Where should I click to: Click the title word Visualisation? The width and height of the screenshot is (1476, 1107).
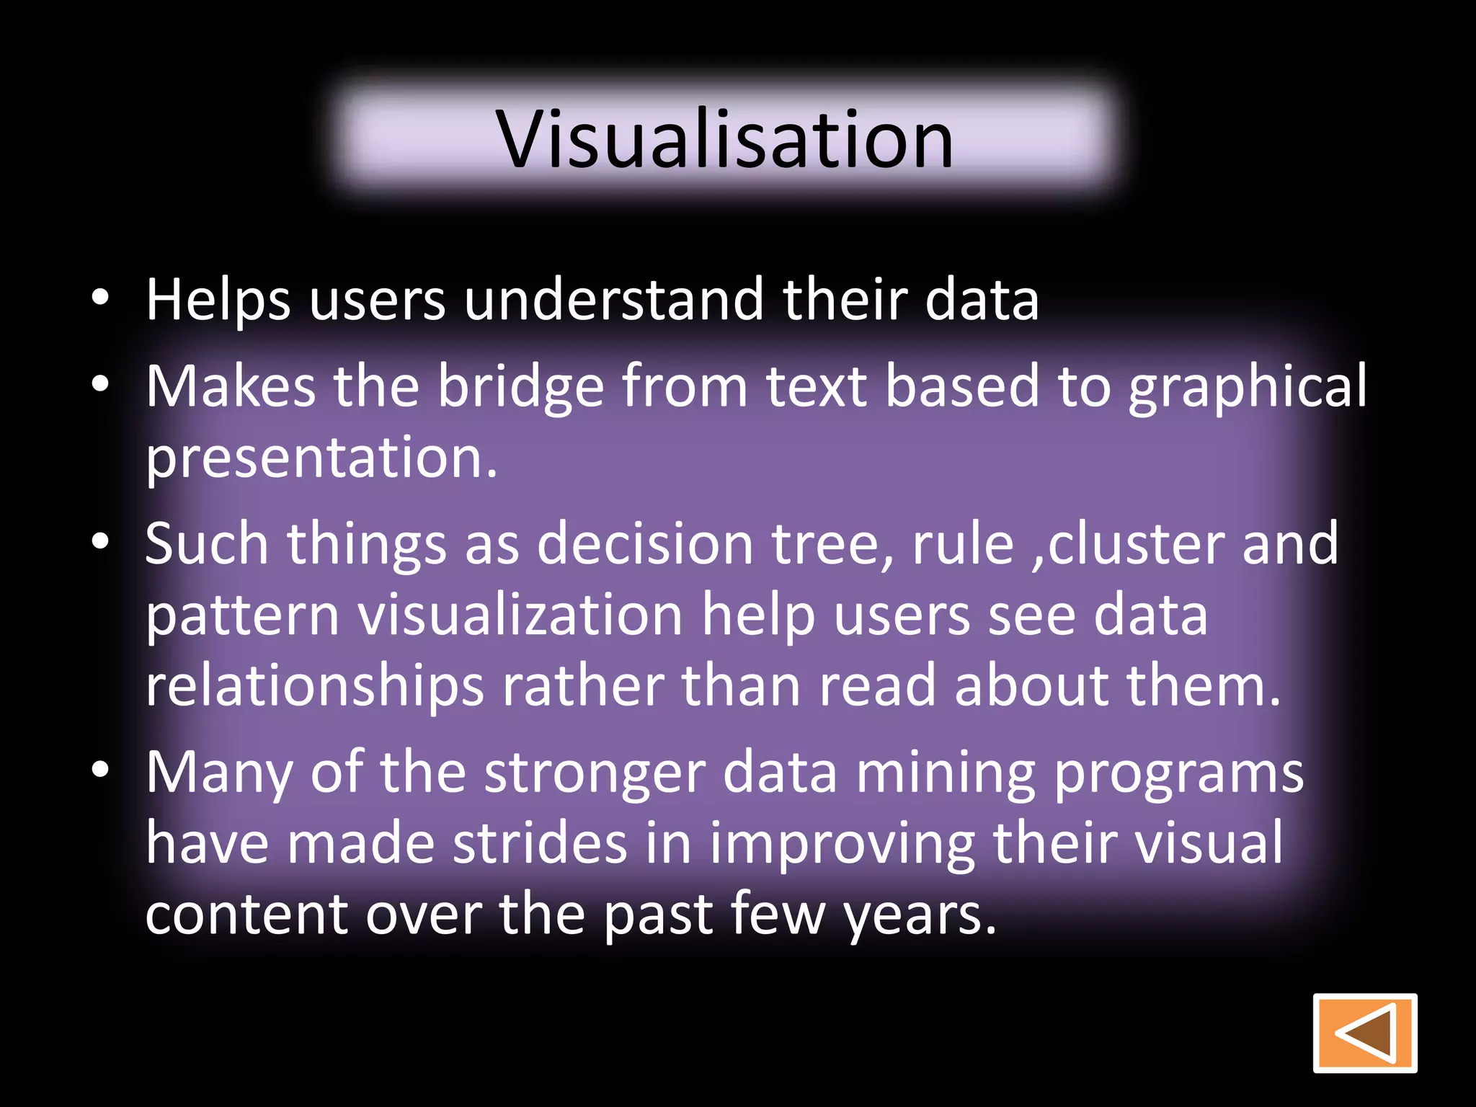tap(725, 139)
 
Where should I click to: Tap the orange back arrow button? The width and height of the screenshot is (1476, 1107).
tap(1364, 1033)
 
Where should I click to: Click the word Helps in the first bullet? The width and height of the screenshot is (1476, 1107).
tap(218, 301)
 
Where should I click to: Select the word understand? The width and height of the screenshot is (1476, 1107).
tap(613, 299)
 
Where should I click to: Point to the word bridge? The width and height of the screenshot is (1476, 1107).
tap(520, 387)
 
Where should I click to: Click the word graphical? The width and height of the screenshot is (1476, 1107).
tap(1247, 387)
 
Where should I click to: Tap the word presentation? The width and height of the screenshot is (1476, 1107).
tap(321, 458)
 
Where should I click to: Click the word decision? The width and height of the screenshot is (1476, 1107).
tap(645, 543)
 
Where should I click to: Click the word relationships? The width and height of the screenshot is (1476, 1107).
tap(314, 686)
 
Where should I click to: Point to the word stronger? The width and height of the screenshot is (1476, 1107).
tap(594, 773)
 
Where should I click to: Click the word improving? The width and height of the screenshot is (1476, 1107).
tap(842, 845)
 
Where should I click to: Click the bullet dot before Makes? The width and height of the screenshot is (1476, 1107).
tap(100, 385)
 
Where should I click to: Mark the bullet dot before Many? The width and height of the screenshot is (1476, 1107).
tap(100, 770)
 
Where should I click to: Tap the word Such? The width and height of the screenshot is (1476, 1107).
tap(207, 543)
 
